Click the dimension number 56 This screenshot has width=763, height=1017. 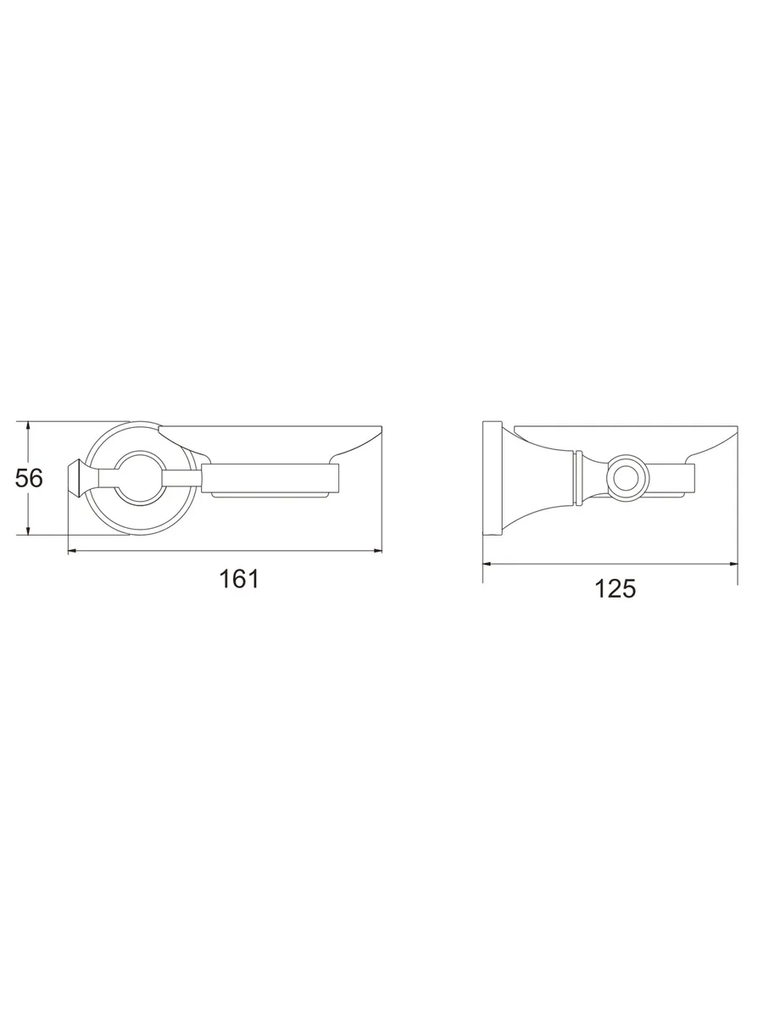click(x=29, y=478)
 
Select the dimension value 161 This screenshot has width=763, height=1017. click(x=238, y=579)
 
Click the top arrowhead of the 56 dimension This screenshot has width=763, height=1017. click(x=28, y=425)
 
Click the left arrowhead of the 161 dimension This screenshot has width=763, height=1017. click(x=73, y=551)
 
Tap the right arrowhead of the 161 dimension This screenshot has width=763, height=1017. click(x=377, y=551)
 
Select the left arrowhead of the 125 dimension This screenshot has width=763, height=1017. click(x=487, y=564)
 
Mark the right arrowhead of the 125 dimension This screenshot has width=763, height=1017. click(x=732, y=564)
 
